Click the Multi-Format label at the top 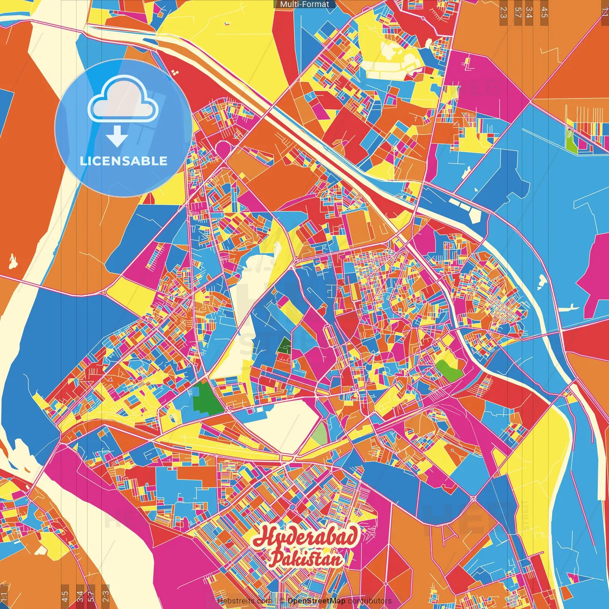pyautogui.click(x=304, y=4)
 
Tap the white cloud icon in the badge pyautogui.click(x=123, y=100)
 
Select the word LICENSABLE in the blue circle pyautogui.click(x=124, y=161)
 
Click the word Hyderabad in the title pyautogui.click(x=305, y=537)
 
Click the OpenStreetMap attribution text pyautogui.click(x=316, y=601)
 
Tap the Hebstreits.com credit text pyautogui.click(x=243, y=601)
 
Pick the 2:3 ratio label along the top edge pyautogui.click(x=503, y=12)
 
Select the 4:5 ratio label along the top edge pyautogui.click(x=544, y=12)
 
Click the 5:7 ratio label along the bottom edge pyautogui.click(x=91, y=596)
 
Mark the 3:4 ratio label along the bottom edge pyautogui.click(x=80, y=596)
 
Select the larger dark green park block pyautogui.click(x=208, y=399)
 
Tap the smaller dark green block pyautogui.click(x=285, y=345)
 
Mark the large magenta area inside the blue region pyautogui.click(x=595, y=276)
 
